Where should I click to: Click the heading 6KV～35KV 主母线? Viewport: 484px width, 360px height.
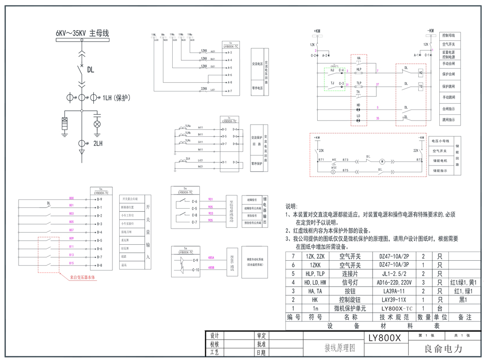[82, 33]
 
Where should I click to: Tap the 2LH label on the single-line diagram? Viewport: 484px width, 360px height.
[98, 144]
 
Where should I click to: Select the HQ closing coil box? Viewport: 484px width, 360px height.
[420, 73]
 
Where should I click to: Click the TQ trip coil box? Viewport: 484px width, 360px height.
[420, 86]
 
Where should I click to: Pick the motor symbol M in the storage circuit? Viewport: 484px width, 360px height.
[382, 161]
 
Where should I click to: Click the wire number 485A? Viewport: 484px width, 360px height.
[211, 258]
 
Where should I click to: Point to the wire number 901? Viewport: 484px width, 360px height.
[211, 199]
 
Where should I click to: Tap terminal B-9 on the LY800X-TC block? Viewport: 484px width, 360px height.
[99, 199]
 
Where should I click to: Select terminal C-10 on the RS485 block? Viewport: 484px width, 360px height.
[196, 270]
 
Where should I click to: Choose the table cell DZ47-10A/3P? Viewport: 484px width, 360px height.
[394, 265]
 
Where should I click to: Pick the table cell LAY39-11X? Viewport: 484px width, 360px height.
[394, 300]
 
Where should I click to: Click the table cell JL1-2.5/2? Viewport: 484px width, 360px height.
[394, 274]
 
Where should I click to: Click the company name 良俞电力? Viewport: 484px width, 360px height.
[443, 349]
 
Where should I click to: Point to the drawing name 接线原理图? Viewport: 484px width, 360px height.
[340, 348]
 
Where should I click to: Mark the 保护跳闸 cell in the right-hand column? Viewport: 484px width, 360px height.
[448, 86]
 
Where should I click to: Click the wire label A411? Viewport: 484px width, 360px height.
[200, 127]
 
